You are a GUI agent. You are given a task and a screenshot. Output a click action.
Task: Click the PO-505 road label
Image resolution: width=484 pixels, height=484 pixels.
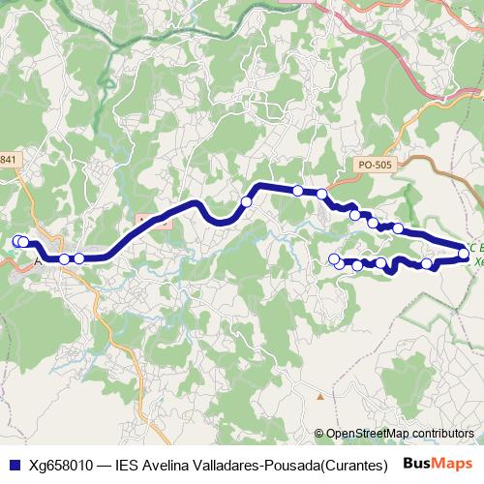pos(375,166)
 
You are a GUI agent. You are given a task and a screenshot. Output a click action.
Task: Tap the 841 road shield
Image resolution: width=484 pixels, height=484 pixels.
pos(9,159)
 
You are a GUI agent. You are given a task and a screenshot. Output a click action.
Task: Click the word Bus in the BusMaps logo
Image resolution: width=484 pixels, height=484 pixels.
pos(419,464)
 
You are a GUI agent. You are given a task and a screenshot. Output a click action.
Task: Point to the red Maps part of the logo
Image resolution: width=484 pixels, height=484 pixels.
pos(455,464)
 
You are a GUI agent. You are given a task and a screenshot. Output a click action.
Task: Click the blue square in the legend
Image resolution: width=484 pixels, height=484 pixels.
pos(13,464)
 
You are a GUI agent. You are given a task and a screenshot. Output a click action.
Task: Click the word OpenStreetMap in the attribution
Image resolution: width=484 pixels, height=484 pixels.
pos(368,434)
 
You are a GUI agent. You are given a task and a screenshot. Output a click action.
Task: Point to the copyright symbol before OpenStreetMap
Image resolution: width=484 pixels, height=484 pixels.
pos(319,434)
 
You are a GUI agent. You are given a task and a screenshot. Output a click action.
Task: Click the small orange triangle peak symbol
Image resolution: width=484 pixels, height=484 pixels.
pos(319,396)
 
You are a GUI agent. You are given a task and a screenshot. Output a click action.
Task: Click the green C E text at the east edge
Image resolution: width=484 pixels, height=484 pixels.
pos(476,248)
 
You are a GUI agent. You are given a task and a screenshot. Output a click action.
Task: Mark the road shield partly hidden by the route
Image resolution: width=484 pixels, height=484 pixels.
pos(155,221)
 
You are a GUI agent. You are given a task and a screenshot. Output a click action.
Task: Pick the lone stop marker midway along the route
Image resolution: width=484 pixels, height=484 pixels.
pos(247,201)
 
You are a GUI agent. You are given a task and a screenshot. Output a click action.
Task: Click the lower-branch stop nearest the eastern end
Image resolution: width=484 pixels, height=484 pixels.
pos(427,263)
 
